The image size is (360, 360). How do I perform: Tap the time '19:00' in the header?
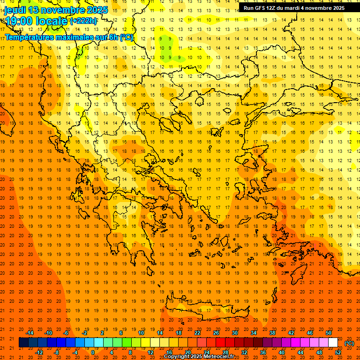[x=19, y=21]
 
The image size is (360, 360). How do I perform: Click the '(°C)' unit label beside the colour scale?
[x=349, y=343]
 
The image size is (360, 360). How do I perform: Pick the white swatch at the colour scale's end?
[x=333, y=343]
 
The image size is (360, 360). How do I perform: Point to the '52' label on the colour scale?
[x=338, y=352]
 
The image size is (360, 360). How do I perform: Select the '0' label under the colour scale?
[x=92, y=352]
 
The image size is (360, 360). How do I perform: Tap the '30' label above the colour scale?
[x=234, y=333]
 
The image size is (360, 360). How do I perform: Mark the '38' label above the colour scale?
[x=272, y=333]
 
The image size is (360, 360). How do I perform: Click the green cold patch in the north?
[x=165, y=45]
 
